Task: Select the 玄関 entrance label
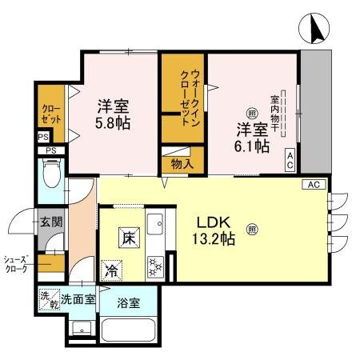point(50,222)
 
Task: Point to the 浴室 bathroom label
point(127,303)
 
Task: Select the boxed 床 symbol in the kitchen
point(128,237)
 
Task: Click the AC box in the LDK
point(312,184)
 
